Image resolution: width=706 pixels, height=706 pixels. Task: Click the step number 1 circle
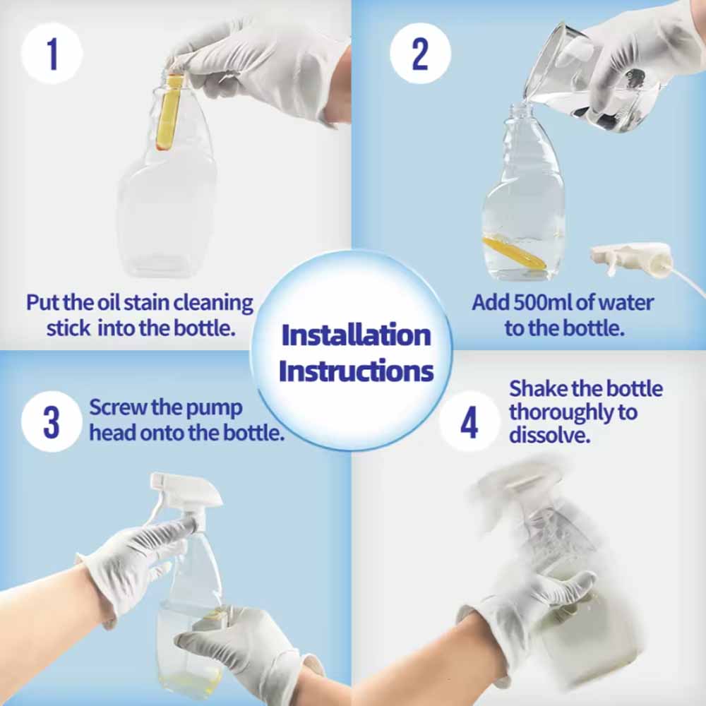click(52, 54)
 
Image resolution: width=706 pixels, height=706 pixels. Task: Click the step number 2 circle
click(420, 54)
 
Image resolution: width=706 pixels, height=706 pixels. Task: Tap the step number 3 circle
click(52, 421)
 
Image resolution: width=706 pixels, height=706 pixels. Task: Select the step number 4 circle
click(469, 421)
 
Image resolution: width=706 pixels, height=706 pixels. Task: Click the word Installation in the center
click(356, 335)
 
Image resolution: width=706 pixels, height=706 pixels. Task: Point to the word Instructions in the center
click(356, 371)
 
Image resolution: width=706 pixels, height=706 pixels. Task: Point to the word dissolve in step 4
click(549, 435)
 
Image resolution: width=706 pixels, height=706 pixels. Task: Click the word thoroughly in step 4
click(573, 413)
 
